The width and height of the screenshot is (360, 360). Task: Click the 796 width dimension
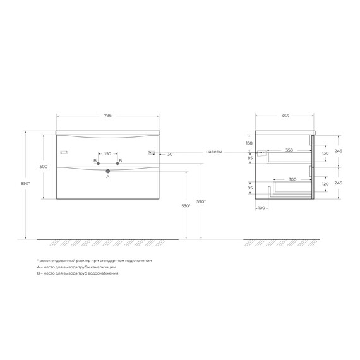[x=107, y=116]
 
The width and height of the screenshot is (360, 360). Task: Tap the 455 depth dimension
[x=285, y=116]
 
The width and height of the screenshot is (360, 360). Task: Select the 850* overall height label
[x=25, y=183]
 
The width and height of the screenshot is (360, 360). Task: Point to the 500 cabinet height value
[x=44, y=167]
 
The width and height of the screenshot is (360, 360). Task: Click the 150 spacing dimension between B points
[x=107, y=154]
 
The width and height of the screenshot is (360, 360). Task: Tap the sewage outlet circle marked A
[x=107, y=171]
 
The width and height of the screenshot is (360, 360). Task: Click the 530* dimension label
[x=186, y=206]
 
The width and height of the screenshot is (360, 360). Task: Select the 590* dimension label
[x=201, y=201]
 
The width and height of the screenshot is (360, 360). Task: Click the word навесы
[x=213, y=152]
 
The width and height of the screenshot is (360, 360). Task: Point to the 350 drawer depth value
[x=289, y=150]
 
